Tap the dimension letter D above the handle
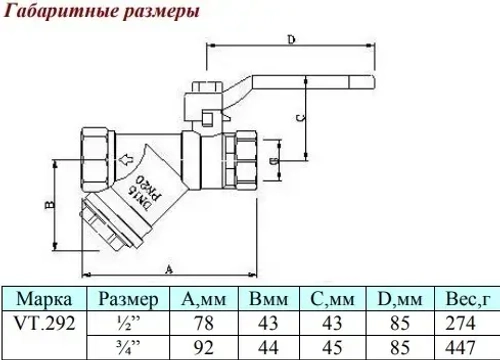tap(290, 41)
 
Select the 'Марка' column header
tap(44, 299)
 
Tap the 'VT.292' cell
tap(44, 323)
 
